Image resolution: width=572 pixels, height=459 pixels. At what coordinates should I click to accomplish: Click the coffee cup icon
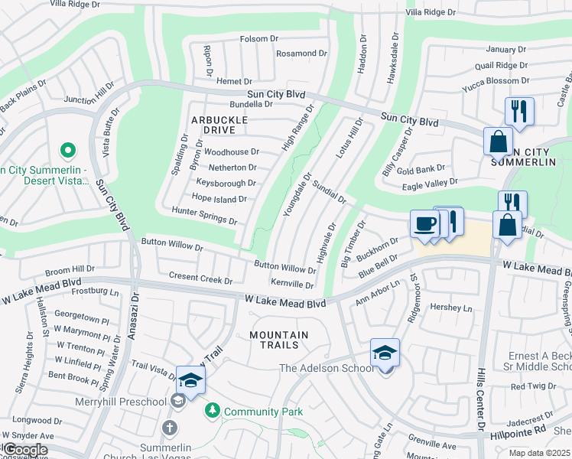pyautogui.click(x=425, y=224)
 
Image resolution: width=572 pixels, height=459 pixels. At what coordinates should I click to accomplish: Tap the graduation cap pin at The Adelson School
pyautogui.click(x=385, y=353)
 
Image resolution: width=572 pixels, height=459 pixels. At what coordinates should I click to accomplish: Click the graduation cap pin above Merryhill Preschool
pyautogui.click(x=190, y=380)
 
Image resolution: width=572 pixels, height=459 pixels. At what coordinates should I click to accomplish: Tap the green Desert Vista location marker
pyautogui.click(x=67, y=151)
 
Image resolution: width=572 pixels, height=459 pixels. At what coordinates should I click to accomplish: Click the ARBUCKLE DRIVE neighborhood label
pyautogui.click(x=219, y=125)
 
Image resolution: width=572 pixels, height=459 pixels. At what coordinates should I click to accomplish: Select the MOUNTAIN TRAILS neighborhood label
pyautogui.click(x=279, y=340)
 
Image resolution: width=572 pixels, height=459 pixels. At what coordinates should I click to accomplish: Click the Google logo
pyautogui.click(x=24, y=450)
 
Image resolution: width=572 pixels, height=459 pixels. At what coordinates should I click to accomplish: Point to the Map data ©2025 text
pyautogui.click(x=538, y=453)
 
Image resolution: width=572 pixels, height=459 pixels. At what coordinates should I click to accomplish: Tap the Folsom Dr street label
pyautogui.click(x=258, y=39)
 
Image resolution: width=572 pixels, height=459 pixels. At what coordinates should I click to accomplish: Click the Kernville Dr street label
pyautogui.click(x=292, y=284)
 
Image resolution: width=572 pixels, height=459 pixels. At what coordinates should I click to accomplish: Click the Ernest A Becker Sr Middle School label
pyautogui.click(x=540, y=363)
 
